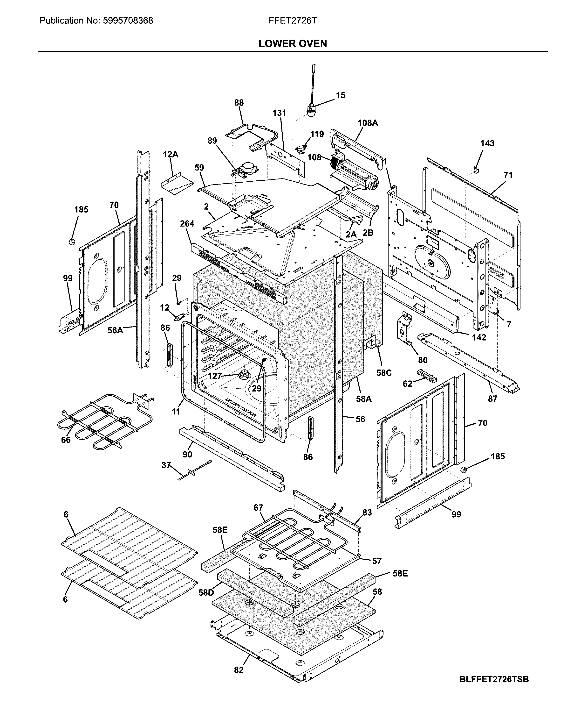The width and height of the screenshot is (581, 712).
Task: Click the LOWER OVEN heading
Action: (293, 43)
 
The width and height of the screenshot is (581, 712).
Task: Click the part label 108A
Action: (368, 123)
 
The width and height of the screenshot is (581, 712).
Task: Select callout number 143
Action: (487, 143)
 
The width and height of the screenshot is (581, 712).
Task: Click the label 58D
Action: (206, 593)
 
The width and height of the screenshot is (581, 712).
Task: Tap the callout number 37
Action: (166, 465)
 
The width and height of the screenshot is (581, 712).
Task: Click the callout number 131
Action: (279, 113)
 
